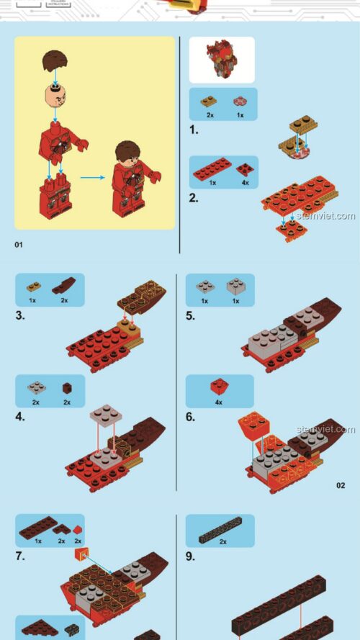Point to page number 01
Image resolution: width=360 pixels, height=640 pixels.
pyautogui.click(x=19, y=245)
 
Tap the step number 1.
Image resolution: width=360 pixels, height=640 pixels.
pyautogui.click(x=193, y=130)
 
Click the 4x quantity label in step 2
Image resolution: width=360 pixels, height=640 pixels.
pyautogui.click(x=245, y=183)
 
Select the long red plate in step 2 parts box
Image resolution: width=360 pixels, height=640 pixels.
pyautogui.click(x=212, y=168)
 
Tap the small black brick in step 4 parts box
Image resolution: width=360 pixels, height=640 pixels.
pyautogui.click(x=66, y=387)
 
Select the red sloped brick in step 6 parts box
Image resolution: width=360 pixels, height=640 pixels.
pyautogui.click(x=219, y=387)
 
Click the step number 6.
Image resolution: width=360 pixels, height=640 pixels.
pyautogui.click(x=191, y=416)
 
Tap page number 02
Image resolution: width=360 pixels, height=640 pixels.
pyautogui.click(x=340, y=485)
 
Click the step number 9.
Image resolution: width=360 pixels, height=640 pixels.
pyautogui.click(x=191, y=556)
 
